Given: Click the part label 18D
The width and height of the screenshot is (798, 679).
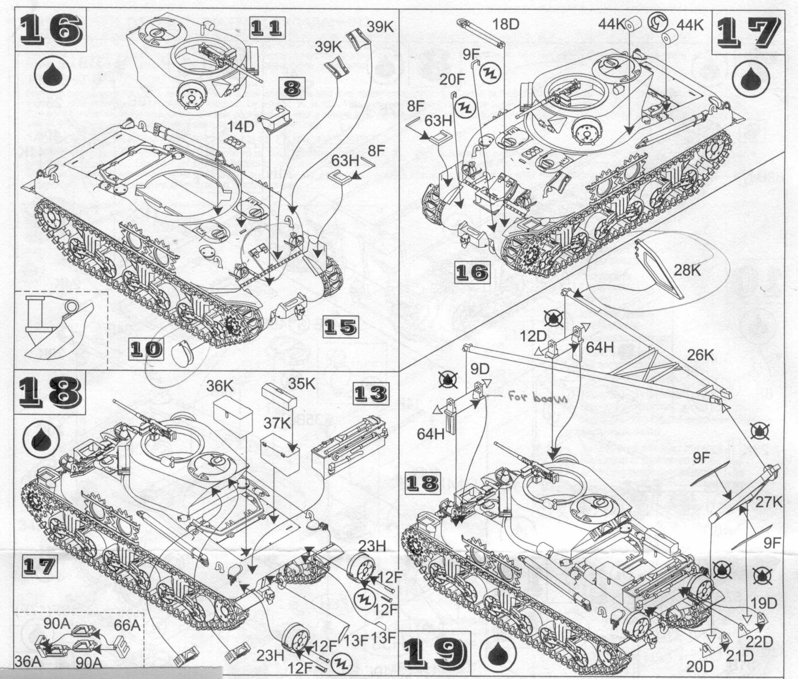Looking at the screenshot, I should pyautogui.click(x=505, y=24).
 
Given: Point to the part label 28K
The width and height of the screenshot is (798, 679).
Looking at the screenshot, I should pyautogui.click(x=688, y=270).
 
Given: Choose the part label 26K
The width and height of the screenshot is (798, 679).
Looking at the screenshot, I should pyautogui.click(x=700, y=356).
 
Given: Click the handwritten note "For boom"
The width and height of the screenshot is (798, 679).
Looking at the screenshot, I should pyautogui.click(x=536, y=397).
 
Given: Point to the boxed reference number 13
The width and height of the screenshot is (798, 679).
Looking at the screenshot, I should pyautogui.click(x=369, y=394).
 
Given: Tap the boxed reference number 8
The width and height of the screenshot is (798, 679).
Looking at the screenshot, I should pyautogui.click(x=291, y=88).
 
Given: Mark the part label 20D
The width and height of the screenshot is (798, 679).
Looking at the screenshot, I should pyautogui.click(x=700, y=666).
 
